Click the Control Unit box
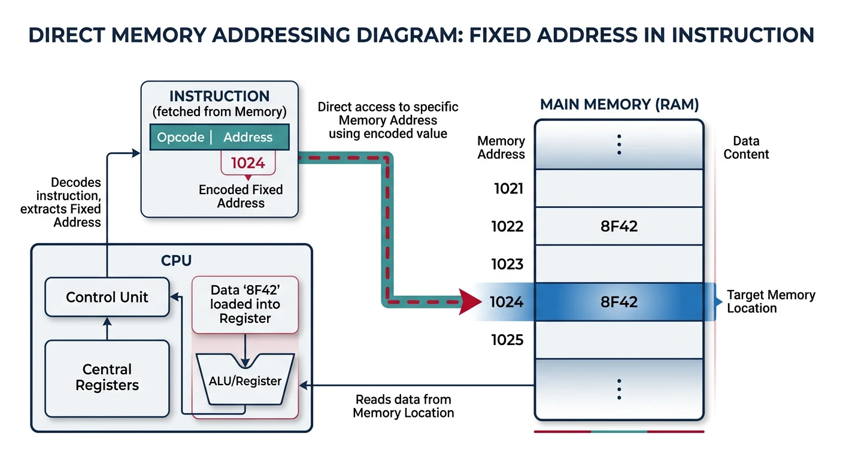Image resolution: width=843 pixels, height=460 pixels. [107, 297]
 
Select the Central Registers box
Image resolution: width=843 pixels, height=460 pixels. [107, 378]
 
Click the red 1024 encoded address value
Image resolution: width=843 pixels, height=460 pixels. [248, 163]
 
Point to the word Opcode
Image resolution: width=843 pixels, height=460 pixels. [180, 137]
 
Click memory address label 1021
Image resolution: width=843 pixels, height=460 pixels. [508, 189]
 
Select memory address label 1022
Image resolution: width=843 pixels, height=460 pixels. [508, 226]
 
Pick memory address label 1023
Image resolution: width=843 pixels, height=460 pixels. [508, 264]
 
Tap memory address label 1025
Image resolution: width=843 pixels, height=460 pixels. [508, 340]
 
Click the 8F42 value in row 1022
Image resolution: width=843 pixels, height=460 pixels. [618, 226]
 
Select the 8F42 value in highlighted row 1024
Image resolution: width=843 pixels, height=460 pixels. [618, 302]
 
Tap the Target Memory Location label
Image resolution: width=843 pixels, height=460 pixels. [771, 301]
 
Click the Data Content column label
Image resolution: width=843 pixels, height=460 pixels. [746, 147]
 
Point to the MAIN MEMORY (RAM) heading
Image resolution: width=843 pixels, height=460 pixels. [619, 105]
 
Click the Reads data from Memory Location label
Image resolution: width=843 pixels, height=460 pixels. [403, 406]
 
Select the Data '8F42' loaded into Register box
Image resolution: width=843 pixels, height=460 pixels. [245, 304]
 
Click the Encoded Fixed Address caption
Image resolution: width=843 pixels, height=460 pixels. [241, 196]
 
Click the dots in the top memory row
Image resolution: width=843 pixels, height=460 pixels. [619, 144]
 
